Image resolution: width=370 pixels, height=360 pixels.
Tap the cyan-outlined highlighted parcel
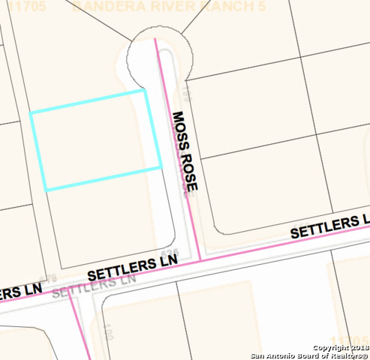(96, 140)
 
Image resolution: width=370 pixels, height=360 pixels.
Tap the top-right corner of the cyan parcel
(144, 91)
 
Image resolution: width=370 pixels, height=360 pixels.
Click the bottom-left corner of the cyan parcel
(45, 190)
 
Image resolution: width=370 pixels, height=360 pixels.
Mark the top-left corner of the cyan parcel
(31, 113)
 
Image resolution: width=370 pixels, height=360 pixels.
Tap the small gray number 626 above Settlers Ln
(171, 253)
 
